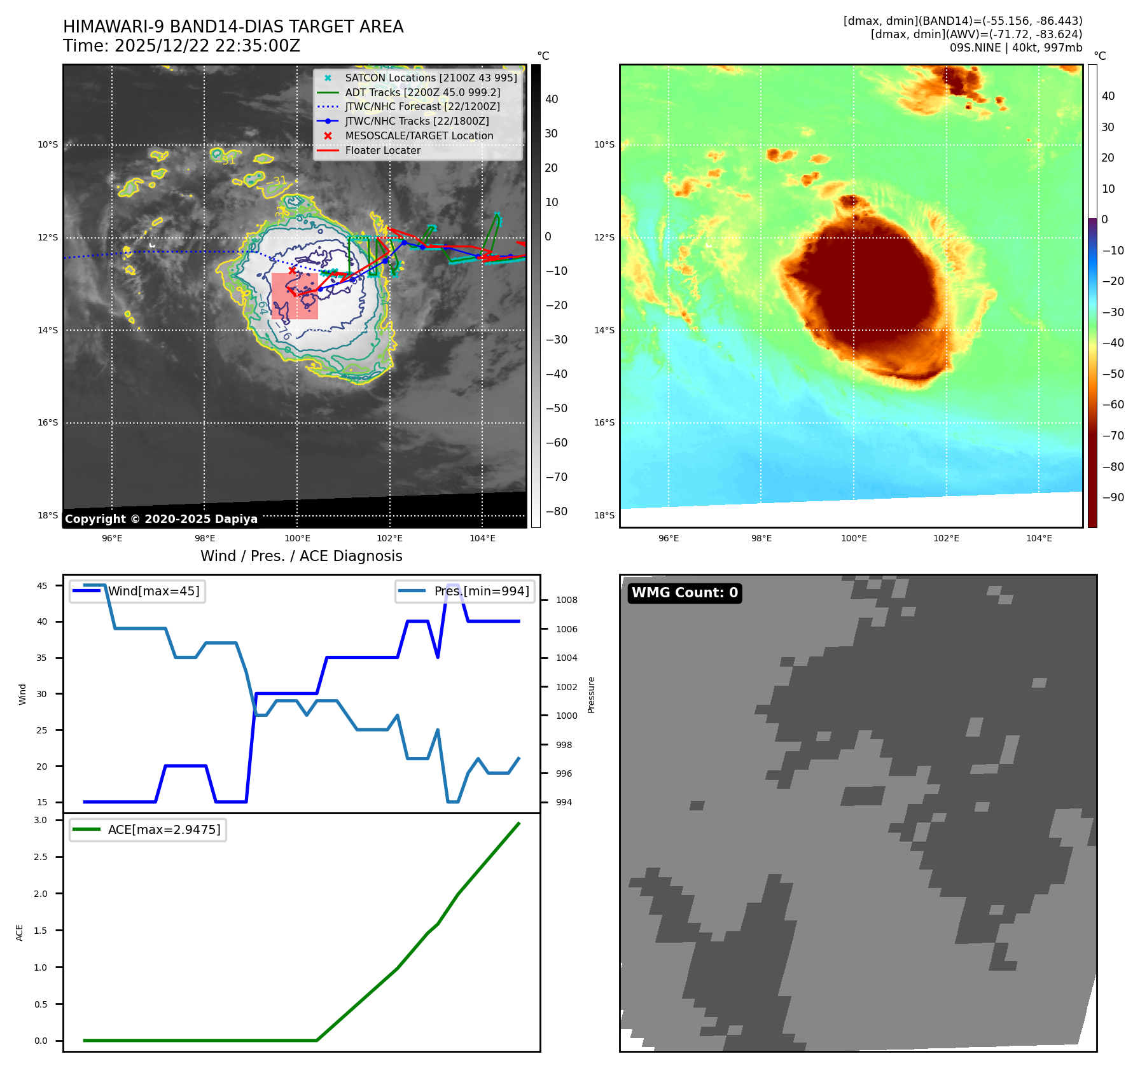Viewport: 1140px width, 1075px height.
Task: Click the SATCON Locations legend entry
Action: (431, 78)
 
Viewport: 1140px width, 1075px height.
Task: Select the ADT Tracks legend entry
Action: (422, 92)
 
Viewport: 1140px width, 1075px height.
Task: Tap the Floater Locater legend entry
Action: (382, 150)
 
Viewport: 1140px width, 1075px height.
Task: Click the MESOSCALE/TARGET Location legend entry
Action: (419, 135)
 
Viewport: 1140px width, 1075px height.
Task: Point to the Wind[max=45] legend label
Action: (153, 591)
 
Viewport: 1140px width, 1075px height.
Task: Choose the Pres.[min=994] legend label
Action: (481, 591)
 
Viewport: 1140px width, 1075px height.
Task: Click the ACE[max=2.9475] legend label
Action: (164, 829)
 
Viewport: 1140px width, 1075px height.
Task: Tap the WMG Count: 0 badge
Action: (685, 593)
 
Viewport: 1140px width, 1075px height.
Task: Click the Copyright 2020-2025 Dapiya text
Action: (161, 519)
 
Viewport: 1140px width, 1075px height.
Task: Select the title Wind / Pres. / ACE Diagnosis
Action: (302, 556)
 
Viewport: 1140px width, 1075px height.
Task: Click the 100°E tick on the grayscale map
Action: (297, 539)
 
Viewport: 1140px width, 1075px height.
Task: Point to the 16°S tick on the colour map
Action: (604, 422)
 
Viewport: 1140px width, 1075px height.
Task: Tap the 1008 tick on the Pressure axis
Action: (566, 600)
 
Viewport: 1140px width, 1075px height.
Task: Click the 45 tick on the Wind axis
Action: (42, 586)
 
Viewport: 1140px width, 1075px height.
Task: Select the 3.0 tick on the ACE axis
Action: (41, 820)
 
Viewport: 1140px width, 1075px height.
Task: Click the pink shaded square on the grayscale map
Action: (295, 296)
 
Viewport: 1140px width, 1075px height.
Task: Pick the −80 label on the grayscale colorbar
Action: (556, 511)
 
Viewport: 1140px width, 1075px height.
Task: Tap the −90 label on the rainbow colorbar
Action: (1113, 497)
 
